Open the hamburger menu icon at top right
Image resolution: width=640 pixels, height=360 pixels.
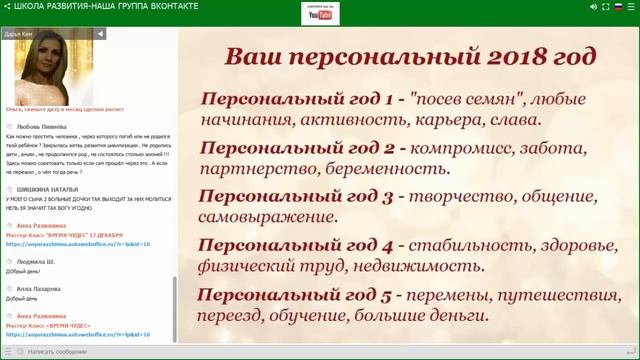coord(630,6)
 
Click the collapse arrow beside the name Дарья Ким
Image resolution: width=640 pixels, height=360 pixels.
coord(101,33)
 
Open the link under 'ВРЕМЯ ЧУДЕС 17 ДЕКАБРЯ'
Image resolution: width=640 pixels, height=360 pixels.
coord(77,242)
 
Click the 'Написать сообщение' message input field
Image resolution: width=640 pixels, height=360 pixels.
coord(70,352)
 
